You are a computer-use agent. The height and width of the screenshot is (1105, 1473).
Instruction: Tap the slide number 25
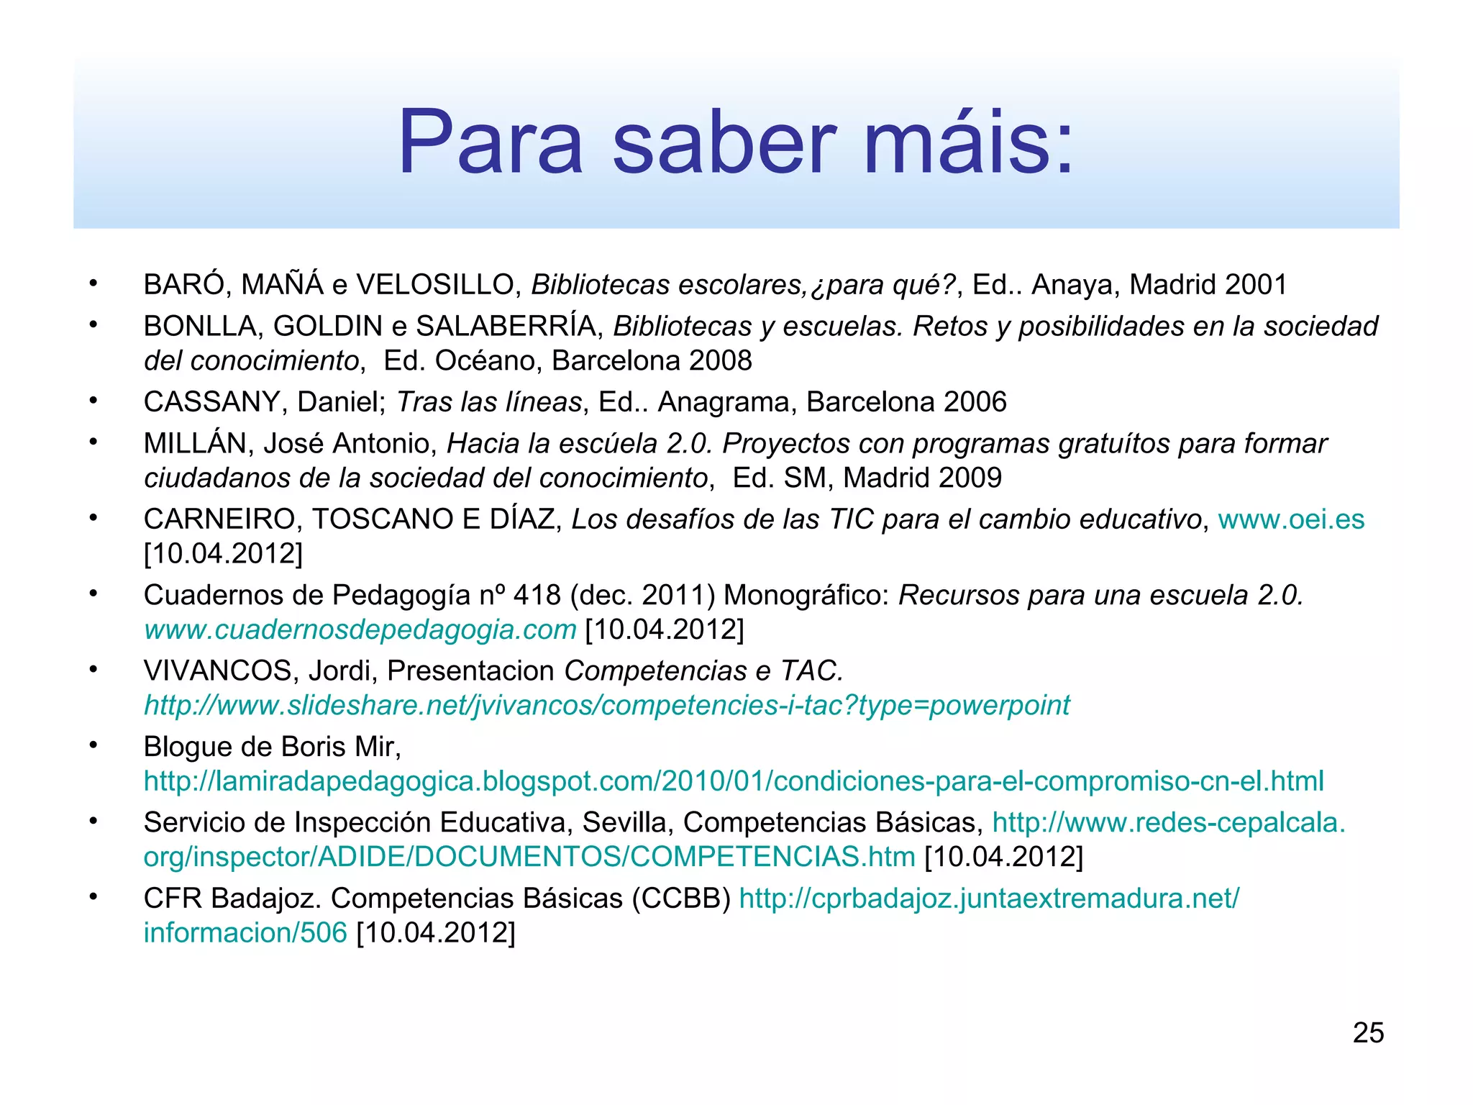click(x=1368, y=1033)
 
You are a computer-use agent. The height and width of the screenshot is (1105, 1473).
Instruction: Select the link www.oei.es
click(x=1291, y=519)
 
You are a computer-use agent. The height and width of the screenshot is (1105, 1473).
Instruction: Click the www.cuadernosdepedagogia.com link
click(x=360, y=629)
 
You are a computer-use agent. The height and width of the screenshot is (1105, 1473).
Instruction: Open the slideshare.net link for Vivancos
click(x=606, y=705)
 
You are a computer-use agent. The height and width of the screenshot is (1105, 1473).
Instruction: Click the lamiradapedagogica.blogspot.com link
click(x=733, y=781)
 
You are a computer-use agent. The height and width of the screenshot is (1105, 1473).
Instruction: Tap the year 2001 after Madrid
click(x=1256, y=285)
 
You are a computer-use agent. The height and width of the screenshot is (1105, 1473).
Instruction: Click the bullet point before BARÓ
click(x=93, y=283)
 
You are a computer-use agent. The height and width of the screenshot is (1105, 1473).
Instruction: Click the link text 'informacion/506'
click(x=245, y=933)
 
